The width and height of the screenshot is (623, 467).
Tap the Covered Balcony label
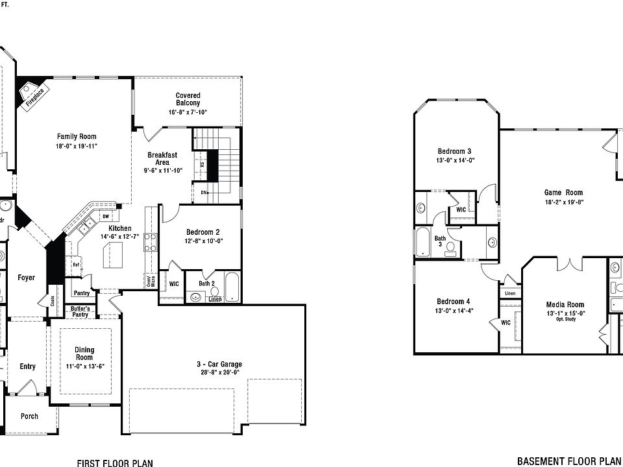[x=188, y=99]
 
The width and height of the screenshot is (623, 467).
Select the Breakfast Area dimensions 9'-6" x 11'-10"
[x=163, y=171]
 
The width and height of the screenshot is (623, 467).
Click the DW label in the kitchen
[x=105, y=216]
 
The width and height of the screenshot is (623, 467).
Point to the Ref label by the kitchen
[x=76, y=265]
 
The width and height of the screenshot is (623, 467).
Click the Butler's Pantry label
[x=80, y=311]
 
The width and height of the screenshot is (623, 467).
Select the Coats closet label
[x=52, y=301]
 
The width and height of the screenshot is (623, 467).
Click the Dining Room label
[x=84, y=353]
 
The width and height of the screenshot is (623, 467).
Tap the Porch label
[x=29, y=416]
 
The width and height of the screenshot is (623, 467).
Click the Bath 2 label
[x=206, y=283]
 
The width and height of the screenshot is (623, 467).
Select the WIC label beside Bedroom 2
[x=174, y=283]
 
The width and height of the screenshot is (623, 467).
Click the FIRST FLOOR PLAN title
[x=115, y=463]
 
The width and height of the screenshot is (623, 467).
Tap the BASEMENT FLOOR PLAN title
[x=565, y=462]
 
